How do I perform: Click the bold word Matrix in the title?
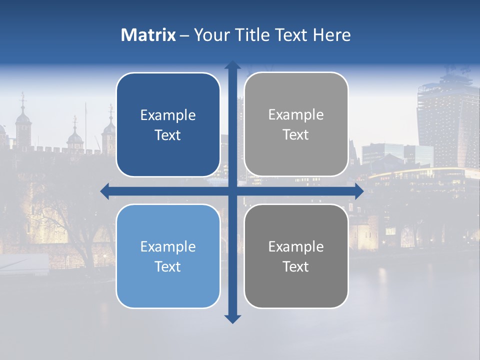[148, 35]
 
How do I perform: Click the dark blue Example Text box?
[168, 124]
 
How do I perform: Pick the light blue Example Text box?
[168, 256]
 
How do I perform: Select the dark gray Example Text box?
[296, 256]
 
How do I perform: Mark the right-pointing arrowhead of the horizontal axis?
[359, 191]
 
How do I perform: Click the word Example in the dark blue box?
[168, 115]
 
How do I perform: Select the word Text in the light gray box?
[296, 134]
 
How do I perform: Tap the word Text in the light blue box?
[168, 266]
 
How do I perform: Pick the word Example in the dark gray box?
[296, 246]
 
